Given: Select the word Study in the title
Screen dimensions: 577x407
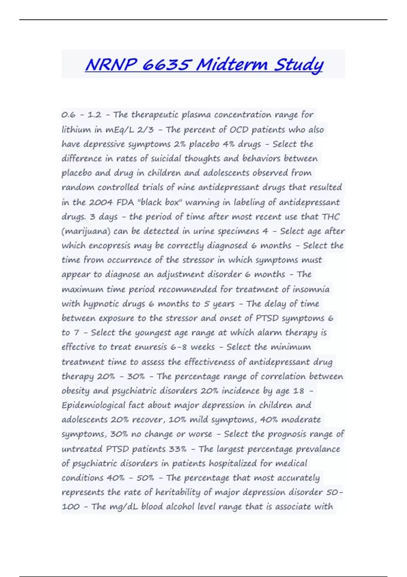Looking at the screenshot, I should click(x=298, y=65).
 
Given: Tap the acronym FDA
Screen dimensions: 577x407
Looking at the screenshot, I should click(x=125, y=202).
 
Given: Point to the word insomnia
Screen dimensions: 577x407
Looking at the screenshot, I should click(x=311, y=289).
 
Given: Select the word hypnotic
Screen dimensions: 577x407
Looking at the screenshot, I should click(x=100, y=304).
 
